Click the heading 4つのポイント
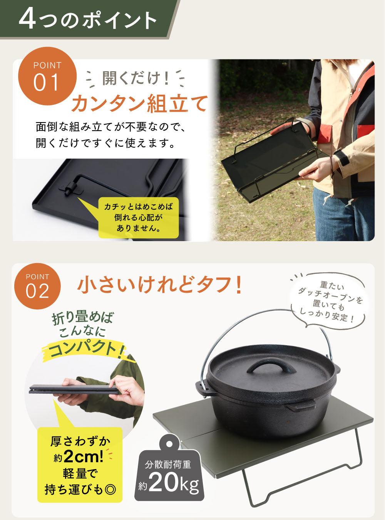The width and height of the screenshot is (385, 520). pos(88,19)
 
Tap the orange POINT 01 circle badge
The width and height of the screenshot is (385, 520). pos(47,76)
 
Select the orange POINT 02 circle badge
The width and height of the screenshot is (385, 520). pos(37,286)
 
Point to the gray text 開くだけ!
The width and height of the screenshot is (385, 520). pos(136,78)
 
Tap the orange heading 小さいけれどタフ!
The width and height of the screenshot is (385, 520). pos(160,285)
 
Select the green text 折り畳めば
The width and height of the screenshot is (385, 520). pos(83,318)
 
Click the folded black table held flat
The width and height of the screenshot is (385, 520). pos(73,390)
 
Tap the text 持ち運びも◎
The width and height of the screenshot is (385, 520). pos(80,490)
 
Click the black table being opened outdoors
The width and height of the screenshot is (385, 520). pos(269,162)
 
